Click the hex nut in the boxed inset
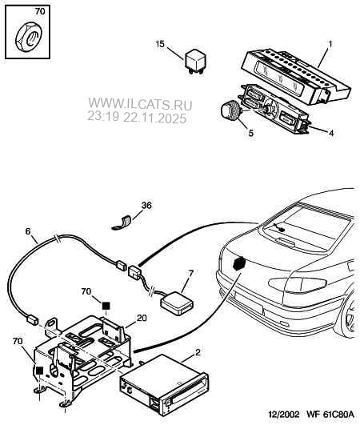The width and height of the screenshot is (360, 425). pos(28,37)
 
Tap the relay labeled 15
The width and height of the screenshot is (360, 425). pos(194,62)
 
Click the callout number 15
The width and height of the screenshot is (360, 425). pos(160,44)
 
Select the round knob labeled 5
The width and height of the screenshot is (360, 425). pos(230,110)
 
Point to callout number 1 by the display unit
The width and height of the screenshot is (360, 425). pos(330,44)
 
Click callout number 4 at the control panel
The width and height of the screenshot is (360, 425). pos(331,133)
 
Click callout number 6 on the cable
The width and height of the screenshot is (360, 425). pos(28,231)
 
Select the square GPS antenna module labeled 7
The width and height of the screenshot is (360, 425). pos(177,303)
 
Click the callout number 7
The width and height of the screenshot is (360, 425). pos(191,273)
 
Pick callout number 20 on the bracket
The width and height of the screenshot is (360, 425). pos(142,318)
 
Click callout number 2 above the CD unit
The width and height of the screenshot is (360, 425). pos(198,352)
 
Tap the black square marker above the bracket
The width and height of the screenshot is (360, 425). pos(106,306)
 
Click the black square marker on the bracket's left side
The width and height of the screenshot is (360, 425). pos(39,371)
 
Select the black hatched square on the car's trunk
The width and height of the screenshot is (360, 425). pos(239,263)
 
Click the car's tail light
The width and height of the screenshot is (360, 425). pos(298,284)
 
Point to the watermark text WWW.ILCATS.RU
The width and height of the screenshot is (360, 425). pos(140,104)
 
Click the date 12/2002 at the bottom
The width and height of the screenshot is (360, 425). pos(284,414)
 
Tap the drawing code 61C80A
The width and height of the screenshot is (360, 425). pos(338,414)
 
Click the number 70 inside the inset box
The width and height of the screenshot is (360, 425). pos(40,11)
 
